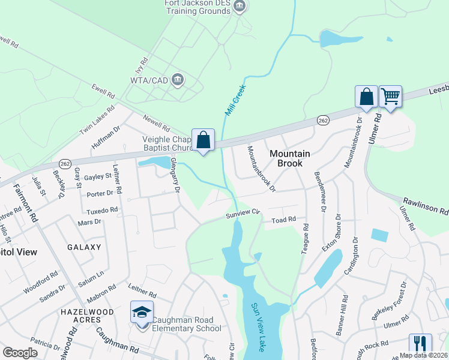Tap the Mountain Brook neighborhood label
pos(290,158)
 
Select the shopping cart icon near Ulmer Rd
pos(391,96)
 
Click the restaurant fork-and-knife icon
pos(420,344)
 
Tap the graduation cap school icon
pos(142,312)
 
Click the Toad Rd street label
pos(284,220)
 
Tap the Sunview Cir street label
pos(243,213)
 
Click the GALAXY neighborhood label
pos(80,247)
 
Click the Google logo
pos(20,353)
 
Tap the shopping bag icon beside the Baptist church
pos(203,140)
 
